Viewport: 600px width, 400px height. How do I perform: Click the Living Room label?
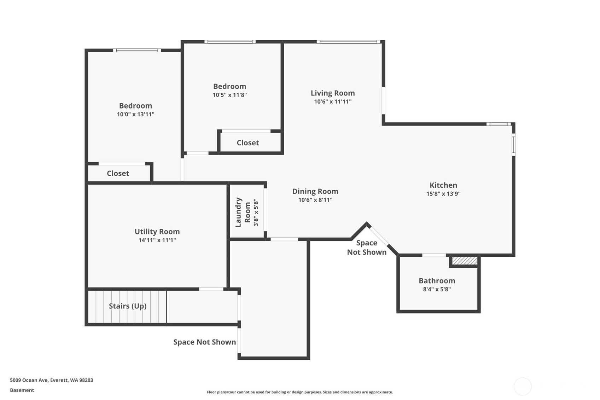point(333,93)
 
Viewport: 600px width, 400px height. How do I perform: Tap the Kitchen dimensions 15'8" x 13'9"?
point(443,193)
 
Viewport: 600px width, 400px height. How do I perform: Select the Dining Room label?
point(315,191)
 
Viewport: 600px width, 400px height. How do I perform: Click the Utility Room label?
point(157,232)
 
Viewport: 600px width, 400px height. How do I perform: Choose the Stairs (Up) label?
point(128,306)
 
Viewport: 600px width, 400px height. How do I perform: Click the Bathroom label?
point(437,280)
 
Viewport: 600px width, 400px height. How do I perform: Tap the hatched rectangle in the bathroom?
point(465,261)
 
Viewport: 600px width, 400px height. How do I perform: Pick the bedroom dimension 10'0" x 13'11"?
point(135,114)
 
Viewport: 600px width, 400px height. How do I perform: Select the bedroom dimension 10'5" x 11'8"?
point(229,94)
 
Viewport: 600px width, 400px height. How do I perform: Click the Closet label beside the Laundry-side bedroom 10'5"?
point(248,143)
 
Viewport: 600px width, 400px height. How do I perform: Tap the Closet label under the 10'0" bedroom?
point(118,173)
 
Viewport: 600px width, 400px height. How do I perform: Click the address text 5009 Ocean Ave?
point(29,380)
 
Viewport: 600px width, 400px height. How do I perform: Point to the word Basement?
point(22,390)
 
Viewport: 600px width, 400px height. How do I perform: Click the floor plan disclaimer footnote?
point(300,392)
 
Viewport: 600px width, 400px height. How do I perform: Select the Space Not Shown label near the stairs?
point(205,342)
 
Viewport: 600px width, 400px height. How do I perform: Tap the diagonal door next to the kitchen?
point(378,236)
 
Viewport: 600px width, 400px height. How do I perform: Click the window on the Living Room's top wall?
point(349,42)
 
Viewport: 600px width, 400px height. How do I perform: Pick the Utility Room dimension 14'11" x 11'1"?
point(157,240)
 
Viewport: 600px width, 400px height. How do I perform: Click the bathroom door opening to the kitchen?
point(434,255)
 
